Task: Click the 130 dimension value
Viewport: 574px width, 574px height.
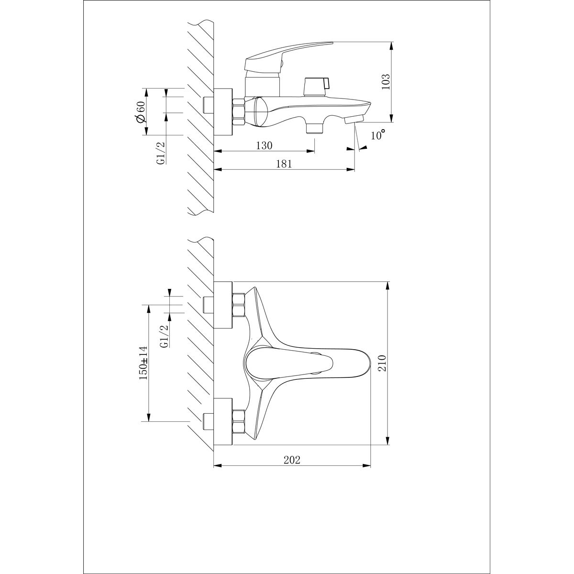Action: coord(264,145)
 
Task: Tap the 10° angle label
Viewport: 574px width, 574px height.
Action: coord(378,135)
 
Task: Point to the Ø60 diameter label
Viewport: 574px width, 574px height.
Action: coord(140,112)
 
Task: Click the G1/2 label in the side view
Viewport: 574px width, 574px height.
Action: coord(161,153)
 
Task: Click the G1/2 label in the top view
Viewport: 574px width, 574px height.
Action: coord(164,336)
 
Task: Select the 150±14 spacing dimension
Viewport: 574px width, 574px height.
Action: coord(143,363)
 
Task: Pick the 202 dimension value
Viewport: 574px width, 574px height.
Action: coord(291,460)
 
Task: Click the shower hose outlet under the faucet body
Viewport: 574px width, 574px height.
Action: coord(314,127)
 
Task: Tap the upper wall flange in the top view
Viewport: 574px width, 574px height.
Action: coord(223,305)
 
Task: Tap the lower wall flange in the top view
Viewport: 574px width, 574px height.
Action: coord(223,421)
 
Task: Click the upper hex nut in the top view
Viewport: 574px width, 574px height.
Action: coord(238,305)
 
